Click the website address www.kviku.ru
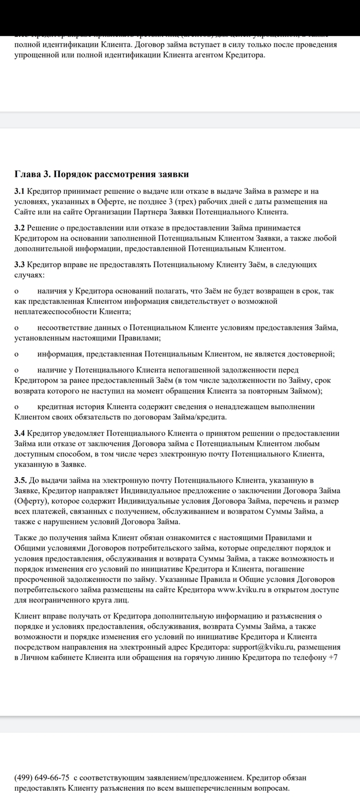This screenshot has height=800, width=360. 242,590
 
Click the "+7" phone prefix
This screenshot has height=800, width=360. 332,658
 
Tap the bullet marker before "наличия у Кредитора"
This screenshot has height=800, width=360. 16,292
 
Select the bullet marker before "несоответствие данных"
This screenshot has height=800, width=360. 16,328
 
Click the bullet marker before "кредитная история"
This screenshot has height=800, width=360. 16,407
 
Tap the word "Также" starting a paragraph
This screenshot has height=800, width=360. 26,538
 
